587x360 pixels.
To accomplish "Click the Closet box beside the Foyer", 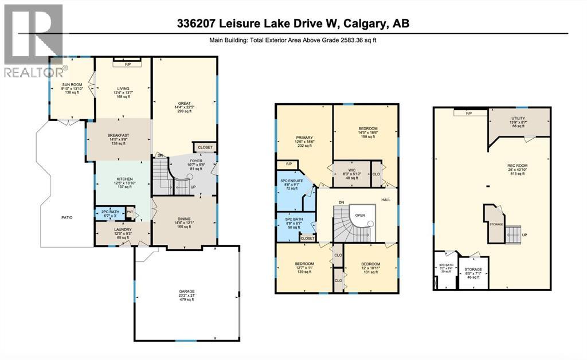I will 205,147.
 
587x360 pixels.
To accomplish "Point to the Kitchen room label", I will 124,183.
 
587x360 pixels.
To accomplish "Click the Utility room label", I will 518,122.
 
